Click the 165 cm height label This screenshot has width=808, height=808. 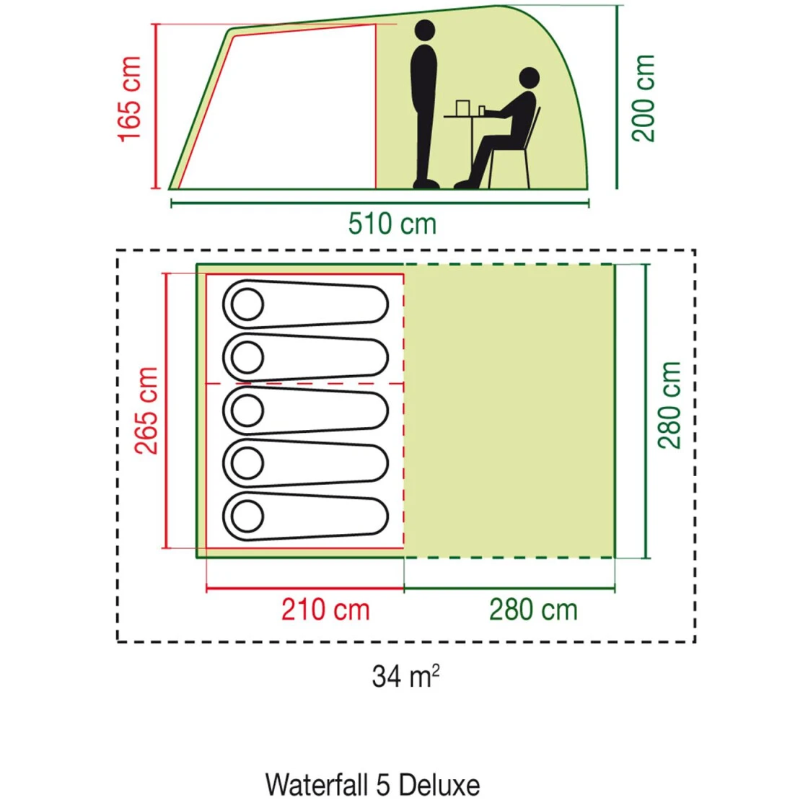click(129, 99)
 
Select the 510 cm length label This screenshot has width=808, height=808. click(392, 224)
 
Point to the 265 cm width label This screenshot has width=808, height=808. click(147, 410)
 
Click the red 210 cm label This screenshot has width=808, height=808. click(325, 610)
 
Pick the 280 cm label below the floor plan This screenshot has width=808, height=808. click(533, 610)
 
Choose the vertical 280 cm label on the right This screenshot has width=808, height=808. click(670, 405)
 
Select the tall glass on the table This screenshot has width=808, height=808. click(462, 107)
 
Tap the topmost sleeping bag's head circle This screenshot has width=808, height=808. click(247, 304)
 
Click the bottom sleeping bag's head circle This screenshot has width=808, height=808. click(247, 517)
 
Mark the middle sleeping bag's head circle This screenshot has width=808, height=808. click(247, 410)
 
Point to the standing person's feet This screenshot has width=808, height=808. click(426, 184)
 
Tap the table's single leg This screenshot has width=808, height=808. click(470, 148)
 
